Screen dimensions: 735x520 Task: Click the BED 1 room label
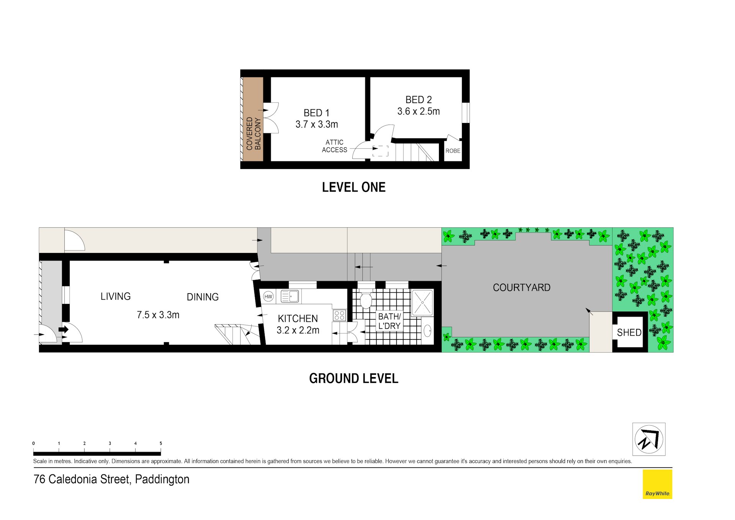pos(316,113)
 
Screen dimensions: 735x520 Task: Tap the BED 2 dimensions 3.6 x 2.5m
pos(418,112)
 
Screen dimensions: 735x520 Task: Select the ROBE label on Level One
pos(453,151)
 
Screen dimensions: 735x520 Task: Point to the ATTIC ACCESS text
pos(334,146)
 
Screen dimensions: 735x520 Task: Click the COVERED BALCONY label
pos(254,134)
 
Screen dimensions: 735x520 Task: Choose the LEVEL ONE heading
pos(354,187)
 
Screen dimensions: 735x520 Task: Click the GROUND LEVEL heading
pos(354,379)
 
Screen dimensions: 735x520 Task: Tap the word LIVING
pos(116,296)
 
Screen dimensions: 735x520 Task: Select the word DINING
pos(203,297)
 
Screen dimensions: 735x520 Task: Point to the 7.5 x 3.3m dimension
pos(158,315)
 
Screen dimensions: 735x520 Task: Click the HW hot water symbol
pos(268,297)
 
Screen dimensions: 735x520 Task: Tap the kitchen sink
pos(290,296)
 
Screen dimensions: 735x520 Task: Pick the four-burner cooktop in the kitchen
pos(339,315)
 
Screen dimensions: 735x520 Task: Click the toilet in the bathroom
pos(366,300)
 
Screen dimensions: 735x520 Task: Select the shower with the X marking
pos(422,302)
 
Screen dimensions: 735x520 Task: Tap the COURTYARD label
pos(521,287)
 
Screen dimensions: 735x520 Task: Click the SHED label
pos(629,333)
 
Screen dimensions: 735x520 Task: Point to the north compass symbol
pos(649,439)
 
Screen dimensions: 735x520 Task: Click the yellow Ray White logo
pos(657,484)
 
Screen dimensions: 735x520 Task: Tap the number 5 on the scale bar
pos(161,443)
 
